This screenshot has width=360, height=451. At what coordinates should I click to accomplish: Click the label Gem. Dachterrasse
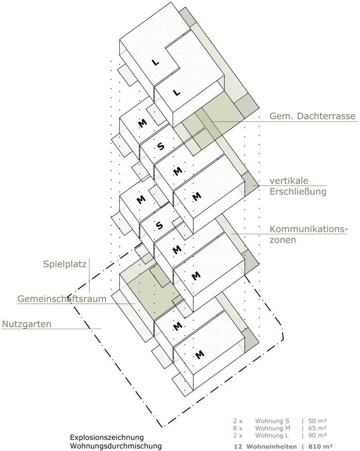313,116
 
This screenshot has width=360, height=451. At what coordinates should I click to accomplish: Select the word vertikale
289,181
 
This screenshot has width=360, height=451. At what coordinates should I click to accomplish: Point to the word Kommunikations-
309,229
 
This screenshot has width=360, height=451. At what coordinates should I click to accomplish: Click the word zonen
283,240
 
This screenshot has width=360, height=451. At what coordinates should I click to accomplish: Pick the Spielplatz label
65,264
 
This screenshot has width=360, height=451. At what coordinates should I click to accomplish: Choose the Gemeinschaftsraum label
62,299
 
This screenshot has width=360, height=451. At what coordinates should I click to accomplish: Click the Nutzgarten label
27,324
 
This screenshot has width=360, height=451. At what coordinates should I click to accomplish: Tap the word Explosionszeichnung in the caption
107,437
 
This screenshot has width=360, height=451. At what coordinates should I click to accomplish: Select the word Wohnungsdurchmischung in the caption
116,446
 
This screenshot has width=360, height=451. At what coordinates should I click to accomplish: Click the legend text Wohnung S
272,421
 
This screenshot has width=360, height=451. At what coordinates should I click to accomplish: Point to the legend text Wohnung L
272,435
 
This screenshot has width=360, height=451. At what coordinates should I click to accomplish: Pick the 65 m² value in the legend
318,428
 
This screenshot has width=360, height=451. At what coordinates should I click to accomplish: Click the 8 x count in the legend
238,428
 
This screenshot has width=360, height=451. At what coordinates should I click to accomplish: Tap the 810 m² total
321,447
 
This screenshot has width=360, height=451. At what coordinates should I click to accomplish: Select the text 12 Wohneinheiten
265,447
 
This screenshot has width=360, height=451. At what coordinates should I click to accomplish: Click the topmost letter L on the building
155,63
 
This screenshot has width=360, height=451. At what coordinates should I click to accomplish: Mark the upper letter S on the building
161,146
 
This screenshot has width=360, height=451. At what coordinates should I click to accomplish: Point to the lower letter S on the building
159,225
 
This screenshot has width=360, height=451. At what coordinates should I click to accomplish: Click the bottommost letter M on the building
199,355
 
